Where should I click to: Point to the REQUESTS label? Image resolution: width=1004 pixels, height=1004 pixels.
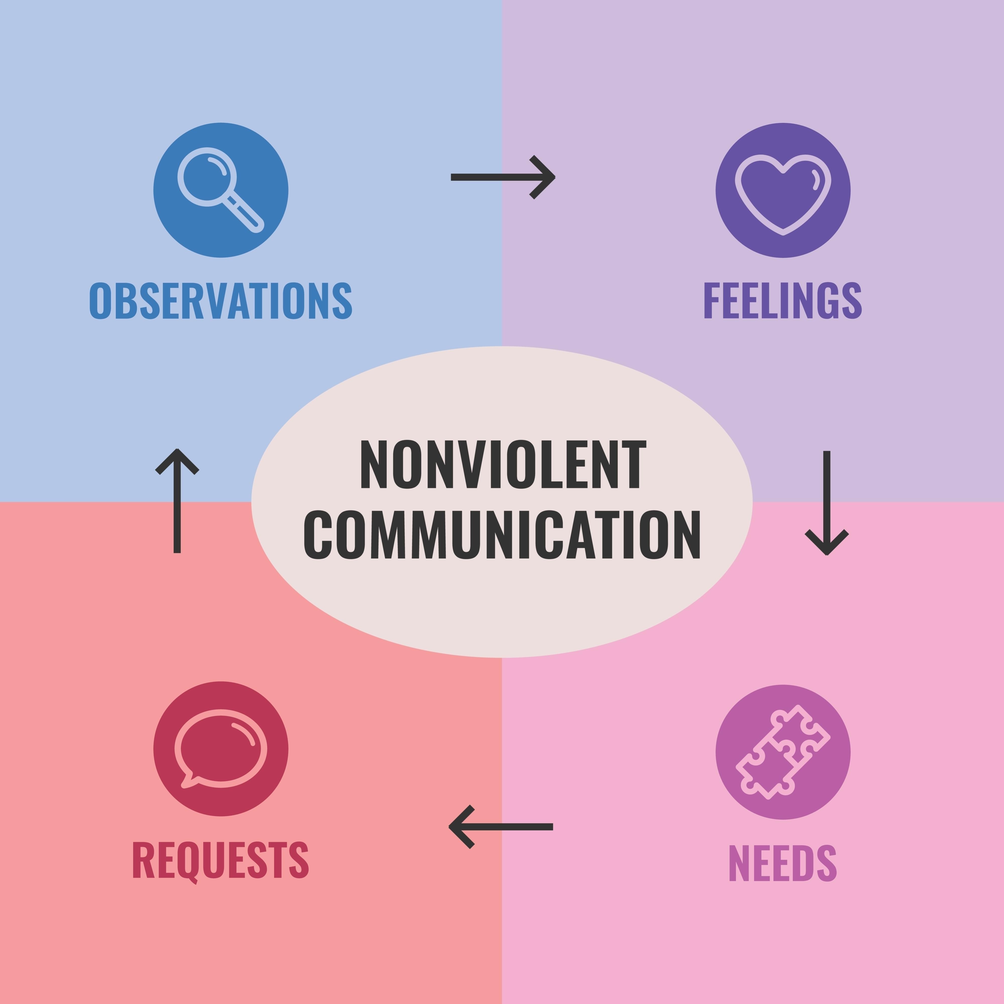click(221, 860)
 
